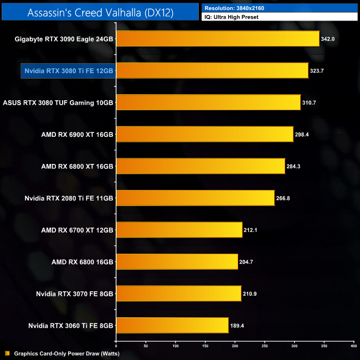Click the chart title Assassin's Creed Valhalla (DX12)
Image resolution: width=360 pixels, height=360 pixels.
pos(100,12)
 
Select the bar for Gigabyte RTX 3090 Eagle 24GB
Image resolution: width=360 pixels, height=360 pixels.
pos(218,39)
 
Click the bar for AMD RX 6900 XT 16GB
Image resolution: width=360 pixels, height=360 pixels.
pos(204,135)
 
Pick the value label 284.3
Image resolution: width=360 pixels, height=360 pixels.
pos(295,166)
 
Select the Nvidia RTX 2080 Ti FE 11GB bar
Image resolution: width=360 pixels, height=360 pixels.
pos(195,198)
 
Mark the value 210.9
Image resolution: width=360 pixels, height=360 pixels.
pos(251,294)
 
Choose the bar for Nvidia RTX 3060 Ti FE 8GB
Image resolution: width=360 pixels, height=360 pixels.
pos(172,325)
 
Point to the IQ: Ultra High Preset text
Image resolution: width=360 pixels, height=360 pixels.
pos(231,17)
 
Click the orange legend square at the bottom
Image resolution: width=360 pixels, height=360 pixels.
pos(7,353)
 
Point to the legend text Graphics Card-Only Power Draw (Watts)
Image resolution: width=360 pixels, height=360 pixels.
pos(66,353)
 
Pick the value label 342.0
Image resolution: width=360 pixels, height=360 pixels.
pos(329,39)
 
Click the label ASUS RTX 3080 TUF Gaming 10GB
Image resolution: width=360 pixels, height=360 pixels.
pos(58,102)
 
